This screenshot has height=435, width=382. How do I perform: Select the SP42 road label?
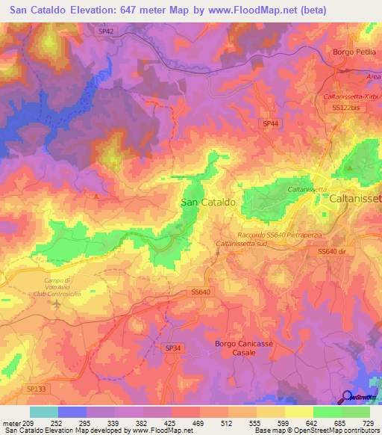coord(107,31)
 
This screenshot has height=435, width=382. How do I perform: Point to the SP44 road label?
coord(270,123)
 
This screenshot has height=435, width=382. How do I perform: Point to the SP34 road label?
coord(173,348)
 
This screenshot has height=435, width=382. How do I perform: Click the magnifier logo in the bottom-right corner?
coord(348,398)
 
